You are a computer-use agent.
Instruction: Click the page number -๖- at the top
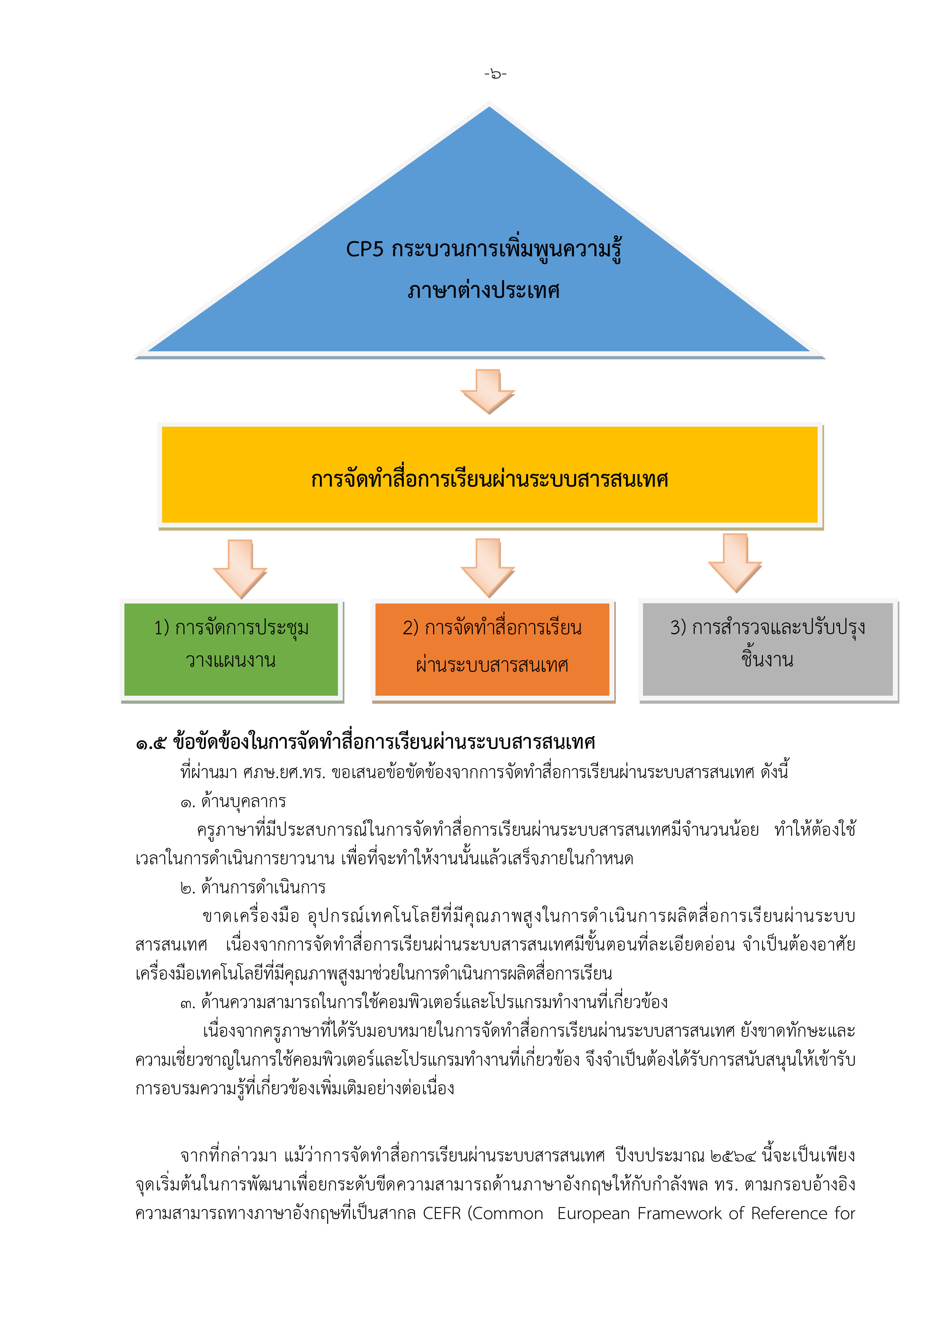[495, 74]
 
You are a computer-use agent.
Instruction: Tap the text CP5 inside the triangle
[365, 249]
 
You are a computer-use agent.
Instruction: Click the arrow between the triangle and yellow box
[488, 391]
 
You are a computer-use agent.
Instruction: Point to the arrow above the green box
[240, 569]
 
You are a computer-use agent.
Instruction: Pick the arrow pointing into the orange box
[488, 568]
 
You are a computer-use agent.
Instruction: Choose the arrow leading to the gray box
[735, 563]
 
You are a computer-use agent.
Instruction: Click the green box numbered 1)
[231, 650]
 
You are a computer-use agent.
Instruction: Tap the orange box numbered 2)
[493, 650]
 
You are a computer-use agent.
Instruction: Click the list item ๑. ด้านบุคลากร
[233, 802]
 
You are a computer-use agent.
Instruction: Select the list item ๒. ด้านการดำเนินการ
[253, 888]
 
